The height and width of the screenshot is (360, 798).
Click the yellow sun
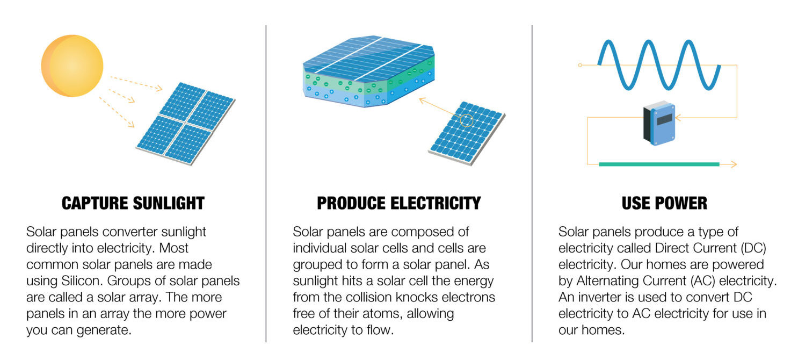[x=72, y=66]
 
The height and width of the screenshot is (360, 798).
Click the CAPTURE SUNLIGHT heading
[x=133, y=203]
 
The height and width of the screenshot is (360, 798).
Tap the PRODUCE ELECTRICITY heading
[x=398, y=203]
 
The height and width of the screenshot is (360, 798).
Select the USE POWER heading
[x=664, y=203]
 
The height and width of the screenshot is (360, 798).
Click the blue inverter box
[x=659, y=124]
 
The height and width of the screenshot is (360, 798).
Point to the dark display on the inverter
[x=664, y=119]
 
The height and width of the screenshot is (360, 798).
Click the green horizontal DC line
[x=659, y=164]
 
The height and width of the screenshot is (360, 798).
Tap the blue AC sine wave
[x=659, y=65]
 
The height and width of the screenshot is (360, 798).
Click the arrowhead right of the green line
[x=734, y=164]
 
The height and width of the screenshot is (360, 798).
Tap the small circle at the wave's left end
[x=580, y=65]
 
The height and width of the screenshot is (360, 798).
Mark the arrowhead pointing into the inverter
[x=678, y=117]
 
